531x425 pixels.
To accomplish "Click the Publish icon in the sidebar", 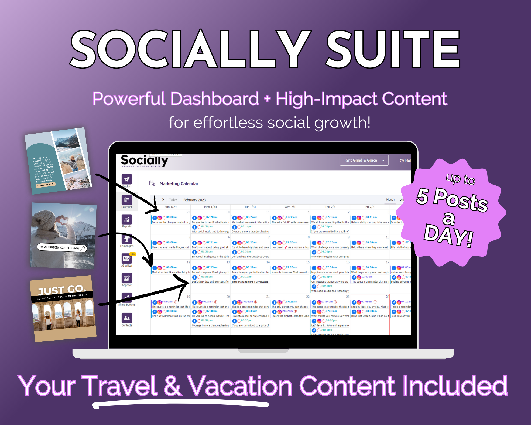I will click(127, 179).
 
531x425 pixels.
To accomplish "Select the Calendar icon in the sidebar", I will click(127, 200).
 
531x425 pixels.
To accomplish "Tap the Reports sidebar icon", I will click(127, 220).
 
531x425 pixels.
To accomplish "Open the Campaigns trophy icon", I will click(127, 239).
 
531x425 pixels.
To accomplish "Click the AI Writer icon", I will click(126, 259).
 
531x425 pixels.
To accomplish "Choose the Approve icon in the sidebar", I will click(127, 278).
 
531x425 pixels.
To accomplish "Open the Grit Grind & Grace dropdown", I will click(364, 160).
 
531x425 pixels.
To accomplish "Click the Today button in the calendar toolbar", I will click(173, 200).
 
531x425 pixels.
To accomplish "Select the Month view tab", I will click(390, 200).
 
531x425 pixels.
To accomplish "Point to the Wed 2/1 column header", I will click(290, 207).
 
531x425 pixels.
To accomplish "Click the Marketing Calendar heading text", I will click(179, 183).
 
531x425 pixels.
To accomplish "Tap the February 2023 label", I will click(194, 200).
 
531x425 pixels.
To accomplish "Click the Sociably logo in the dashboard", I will click(144, 161).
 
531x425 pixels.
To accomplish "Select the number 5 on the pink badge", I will click(423, 196).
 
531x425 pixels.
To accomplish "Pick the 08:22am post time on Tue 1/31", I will click(251, 217).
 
